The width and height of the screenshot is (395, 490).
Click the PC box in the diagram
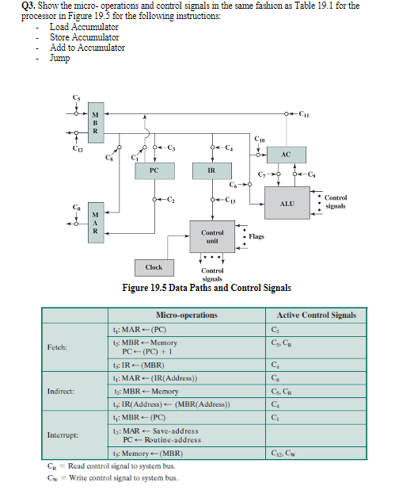[x=154, y=170]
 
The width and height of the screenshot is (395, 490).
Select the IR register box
[x=213, y=170]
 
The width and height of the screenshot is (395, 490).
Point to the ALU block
[x=287, y=204]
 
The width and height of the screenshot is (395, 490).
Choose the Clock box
[x=154, y=267]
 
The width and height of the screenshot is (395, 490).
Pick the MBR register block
[x=96, y=121]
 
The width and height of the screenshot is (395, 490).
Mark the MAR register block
[x=96, y=221]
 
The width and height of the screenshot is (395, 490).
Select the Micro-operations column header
[x=187, y=315]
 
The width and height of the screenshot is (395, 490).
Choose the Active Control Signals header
[x=317, y=315]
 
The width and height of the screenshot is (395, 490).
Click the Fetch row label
[x=57, y=346]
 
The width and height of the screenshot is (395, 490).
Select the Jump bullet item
[x=60, y=58]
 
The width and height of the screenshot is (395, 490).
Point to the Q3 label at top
[x=28, y=6]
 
